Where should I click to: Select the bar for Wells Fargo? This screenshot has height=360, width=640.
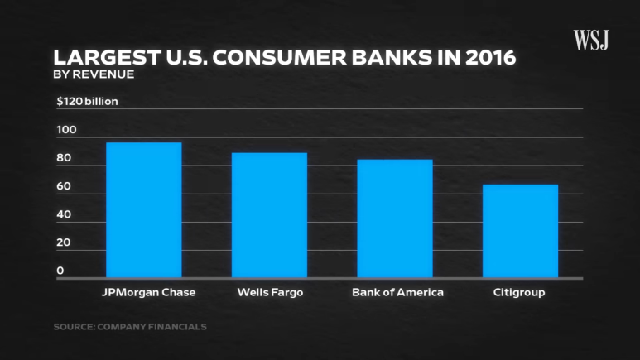(269, 215)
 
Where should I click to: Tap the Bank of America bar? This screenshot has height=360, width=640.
(395, 218)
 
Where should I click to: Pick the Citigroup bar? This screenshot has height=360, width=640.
(520, 231)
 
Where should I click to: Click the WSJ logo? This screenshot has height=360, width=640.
(591, 39)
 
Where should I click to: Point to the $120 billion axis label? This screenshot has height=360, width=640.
(88, 102)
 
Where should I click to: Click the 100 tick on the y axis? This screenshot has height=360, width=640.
(65, 130)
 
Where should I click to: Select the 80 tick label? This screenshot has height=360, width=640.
(65, 158)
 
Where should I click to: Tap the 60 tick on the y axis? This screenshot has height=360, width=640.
(65, 186)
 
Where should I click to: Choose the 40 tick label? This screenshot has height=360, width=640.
(65, 214)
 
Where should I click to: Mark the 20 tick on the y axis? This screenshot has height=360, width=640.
(65, 242)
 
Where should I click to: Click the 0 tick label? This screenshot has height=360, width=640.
(60, 271)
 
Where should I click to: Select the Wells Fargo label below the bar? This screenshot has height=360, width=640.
(269, 293)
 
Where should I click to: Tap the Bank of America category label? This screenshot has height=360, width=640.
(397, 293)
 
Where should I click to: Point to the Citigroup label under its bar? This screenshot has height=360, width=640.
(519, 293)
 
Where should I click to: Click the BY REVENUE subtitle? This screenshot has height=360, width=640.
(94, 74)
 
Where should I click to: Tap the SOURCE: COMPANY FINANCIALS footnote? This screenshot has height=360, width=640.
(130, 327)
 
